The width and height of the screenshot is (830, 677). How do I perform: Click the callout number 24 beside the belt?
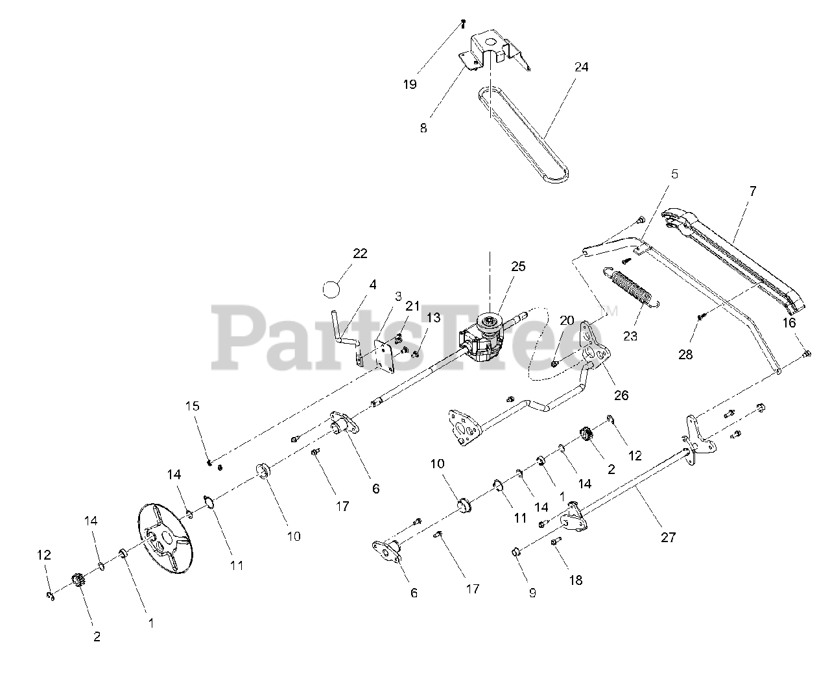[581, 67]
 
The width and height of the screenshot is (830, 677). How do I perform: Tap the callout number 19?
[410, 84]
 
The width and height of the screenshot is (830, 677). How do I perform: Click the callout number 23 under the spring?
[630, 336]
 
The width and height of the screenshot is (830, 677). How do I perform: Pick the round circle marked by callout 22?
[331, 290]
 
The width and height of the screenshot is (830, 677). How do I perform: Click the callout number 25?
[518, 267]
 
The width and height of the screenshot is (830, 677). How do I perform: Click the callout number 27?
[668, 538]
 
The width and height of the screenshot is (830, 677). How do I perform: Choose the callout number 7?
[752, 191]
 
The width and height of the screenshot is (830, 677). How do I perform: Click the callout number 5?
[674, 174]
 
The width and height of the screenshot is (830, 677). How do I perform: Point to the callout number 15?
[193, 406]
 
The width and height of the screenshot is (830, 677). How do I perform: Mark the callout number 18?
[575, 580]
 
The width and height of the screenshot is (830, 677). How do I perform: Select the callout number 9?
[532, 593]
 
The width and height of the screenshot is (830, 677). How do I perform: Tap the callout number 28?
[685, 355]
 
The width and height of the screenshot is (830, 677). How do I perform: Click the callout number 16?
[788, 323]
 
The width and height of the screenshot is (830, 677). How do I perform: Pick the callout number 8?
[423, 128]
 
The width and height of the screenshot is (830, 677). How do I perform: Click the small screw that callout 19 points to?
[463, 24]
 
